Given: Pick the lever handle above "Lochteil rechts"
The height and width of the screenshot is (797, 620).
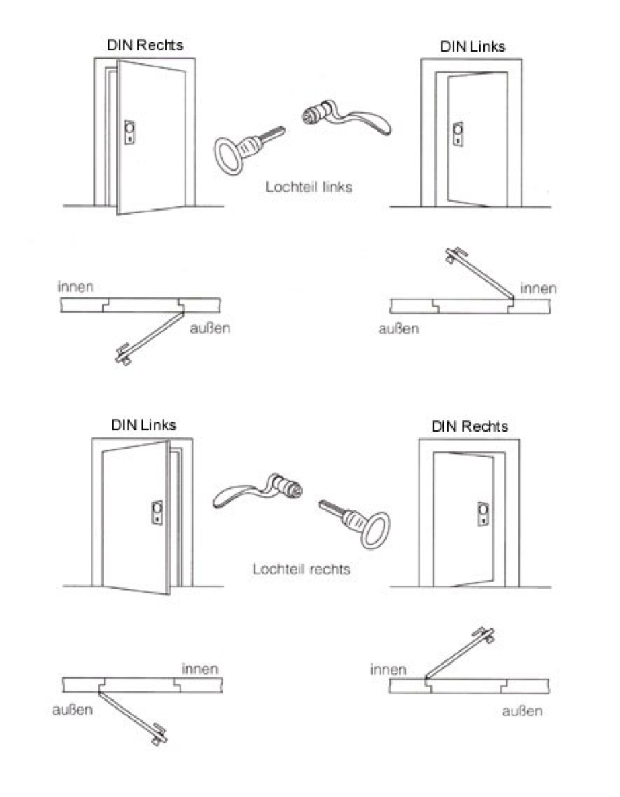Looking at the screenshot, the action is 258,490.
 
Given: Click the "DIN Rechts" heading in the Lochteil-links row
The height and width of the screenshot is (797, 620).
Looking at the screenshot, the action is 145,45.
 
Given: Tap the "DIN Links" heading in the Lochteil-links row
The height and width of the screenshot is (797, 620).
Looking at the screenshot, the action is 473,47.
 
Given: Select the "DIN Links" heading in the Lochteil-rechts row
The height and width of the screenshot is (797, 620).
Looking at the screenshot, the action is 144,425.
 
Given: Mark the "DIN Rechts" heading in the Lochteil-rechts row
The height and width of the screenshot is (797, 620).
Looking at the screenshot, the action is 469,426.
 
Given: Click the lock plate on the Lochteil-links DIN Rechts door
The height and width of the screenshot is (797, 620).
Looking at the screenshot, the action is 130,132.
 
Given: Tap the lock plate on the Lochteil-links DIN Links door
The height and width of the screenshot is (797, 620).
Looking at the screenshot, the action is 458,135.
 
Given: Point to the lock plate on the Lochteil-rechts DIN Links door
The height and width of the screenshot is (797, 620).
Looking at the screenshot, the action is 157,513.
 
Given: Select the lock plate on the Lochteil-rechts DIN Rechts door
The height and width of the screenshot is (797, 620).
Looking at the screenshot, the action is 483,514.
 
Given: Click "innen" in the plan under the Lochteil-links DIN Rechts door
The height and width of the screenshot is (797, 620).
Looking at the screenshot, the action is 76,287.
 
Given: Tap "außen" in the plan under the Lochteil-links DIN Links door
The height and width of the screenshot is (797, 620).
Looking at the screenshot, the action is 399,328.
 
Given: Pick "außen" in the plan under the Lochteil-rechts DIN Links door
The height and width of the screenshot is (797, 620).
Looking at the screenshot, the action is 73,709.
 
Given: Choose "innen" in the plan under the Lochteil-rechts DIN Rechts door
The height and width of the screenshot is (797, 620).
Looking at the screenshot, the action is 388,669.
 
